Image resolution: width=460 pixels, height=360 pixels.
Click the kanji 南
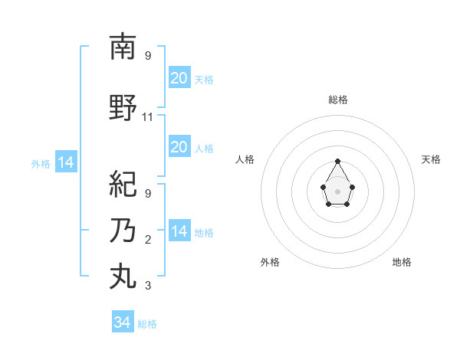[x=123, y=47]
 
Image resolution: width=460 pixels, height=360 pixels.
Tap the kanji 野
[x=123, y=108]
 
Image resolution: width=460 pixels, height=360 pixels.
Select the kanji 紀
[x=123, y=185]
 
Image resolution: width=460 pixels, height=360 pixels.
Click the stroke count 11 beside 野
[x=148, y=117]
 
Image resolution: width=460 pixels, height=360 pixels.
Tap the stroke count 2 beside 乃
[x=148, y=240]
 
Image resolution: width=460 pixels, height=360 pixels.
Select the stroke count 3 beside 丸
[x=148, y=286]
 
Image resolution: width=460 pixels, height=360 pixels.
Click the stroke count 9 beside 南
[x=148, y=56]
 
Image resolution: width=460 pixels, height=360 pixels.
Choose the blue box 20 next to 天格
[x=179, y=77]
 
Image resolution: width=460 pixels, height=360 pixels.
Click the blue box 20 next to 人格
[x=179, y=146]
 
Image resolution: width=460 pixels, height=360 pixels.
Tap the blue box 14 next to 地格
[x=179, y=231]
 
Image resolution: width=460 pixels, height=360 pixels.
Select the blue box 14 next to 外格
[x=65, y=162]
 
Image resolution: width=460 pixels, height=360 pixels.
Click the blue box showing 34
[x=122, y=322]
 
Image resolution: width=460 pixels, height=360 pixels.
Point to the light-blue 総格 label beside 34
[x=147, y=324]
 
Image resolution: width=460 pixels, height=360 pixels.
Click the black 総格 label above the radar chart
[x=338, y=100]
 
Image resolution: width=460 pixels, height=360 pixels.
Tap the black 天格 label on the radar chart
[x=431, y=159]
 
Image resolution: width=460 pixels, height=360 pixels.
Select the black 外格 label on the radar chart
[x=270, y=262]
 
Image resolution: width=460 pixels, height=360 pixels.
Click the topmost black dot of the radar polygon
[x=337, y=161]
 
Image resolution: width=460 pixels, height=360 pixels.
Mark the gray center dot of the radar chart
[x=337, y=190]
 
